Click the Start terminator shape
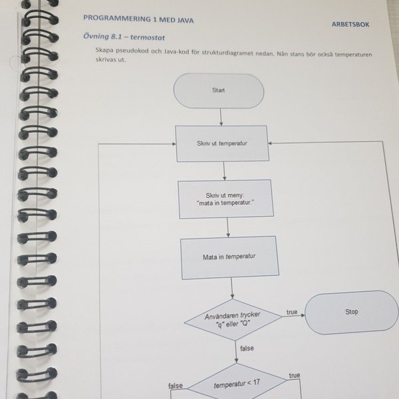tap(219, 90)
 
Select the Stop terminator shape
tap(352, 312)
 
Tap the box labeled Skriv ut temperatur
tap(222, 144)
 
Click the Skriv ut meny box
tap(226, 199)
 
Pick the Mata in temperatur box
tap(229, 257)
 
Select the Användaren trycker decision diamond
tap(233, 320)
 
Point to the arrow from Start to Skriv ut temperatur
tap(221, 117)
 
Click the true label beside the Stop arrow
tap(292, 312)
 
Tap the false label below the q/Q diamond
tap(247, 348)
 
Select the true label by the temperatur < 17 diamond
tap(295, 375)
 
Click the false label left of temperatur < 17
tap(176, 386)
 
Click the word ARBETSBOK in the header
tap(350, 25)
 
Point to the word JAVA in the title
tap(186, 21)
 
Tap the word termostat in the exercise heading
tap(148, 38)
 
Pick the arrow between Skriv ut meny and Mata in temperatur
tap(227, 227)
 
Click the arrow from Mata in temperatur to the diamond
tap(232, 289)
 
